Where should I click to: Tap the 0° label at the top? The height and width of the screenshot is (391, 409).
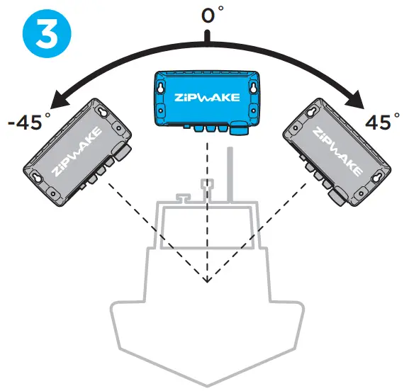click(x=208, y=15)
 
